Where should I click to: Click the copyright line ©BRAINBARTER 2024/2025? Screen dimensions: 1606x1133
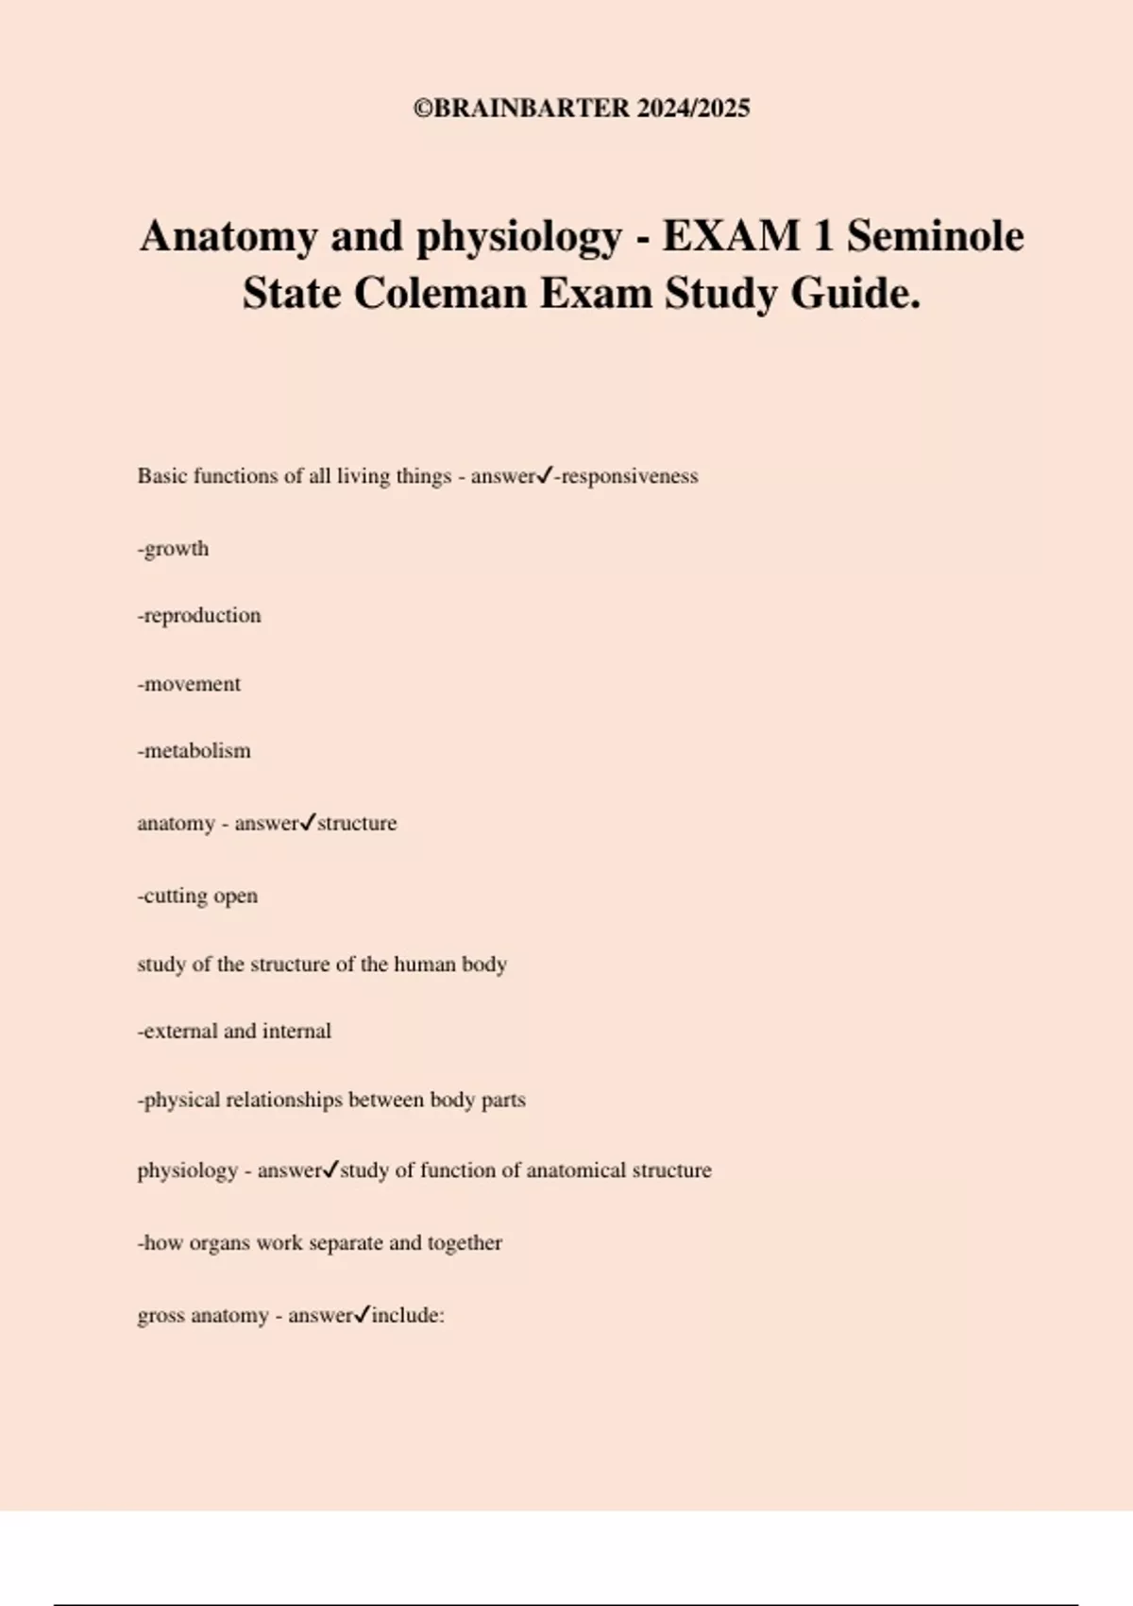click(582, 109)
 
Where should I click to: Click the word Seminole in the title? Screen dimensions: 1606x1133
click(935, 236)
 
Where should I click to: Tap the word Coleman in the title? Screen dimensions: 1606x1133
click(440, 293)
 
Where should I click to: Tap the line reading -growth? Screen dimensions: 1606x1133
click(173, 549)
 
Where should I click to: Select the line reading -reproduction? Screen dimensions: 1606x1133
click(199, 616)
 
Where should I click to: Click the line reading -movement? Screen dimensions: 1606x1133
click(189, 684)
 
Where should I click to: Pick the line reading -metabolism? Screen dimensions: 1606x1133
click(194, 751)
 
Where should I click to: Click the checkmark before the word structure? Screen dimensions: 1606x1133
click(308, 823)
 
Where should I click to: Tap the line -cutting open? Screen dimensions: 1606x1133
click(197, 896)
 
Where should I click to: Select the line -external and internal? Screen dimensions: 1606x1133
click(234, 1032)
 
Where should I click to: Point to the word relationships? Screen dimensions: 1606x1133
click(283, 1101)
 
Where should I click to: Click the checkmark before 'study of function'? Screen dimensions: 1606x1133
click(330, 1170)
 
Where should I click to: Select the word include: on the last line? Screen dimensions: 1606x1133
click(408, 1316)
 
